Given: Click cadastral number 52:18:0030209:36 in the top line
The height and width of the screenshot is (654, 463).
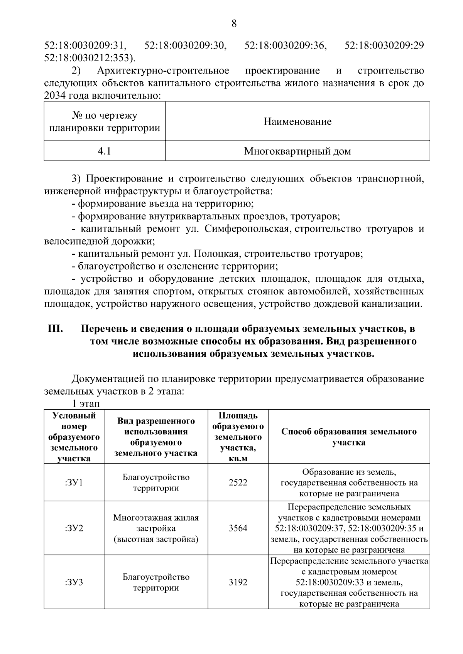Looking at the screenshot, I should click(x=286, y=45).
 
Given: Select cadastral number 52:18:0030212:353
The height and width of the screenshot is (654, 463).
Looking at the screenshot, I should click(x=90, y=58).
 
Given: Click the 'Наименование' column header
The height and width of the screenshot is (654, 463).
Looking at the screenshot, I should click(x=297, y=122).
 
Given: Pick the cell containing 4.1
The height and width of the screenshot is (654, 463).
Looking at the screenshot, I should click(x=104, y=151).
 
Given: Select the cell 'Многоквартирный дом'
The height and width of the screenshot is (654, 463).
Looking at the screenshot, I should click(x=297, y=151).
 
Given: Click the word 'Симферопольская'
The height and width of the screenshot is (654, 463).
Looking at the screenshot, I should click(x=247, y=229).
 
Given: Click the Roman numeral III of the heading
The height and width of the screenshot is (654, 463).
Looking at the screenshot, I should click(x=55, y=329).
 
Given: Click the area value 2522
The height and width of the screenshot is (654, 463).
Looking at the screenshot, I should click(x=238, y=483).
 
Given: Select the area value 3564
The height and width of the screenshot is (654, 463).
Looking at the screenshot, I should click(x=238, y=528).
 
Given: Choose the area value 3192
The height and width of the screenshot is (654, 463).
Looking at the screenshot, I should click(x=238, y=582).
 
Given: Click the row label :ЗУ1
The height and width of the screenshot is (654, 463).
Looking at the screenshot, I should click(x=74, y=483).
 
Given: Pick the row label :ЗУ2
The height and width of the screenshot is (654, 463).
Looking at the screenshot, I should click(x=74, y=528).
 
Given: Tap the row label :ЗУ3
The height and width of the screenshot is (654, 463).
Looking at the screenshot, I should click(x=74, y=582).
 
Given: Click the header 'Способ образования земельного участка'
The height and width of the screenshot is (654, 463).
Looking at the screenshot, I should click(x=349, y=437).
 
